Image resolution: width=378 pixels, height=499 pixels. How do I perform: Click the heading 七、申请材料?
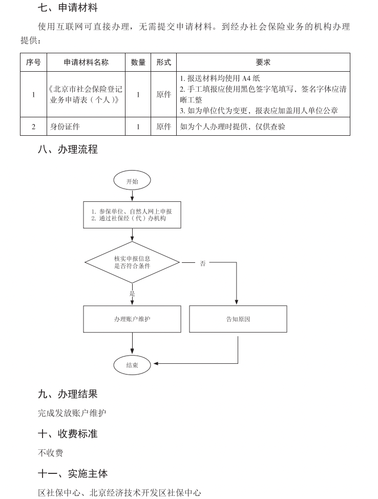[x=68, y=8]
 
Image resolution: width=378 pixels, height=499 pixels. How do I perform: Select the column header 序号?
[x=33, y=63]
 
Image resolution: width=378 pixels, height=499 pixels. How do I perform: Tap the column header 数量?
[x=138, y=63]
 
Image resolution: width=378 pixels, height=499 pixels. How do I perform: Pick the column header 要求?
[x=263, y=63]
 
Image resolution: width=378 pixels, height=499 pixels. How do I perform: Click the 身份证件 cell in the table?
[x=65, y=127]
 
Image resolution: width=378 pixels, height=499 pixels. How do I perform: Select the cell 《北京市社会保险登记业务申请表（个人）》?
[x=86, y=94]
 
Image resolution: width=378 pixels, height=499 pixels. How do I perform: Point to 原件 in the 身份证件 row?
[x=163, y=127]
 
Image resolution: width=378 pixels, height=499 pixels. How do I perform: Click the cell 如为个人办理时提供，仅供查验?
[x=233, y=127]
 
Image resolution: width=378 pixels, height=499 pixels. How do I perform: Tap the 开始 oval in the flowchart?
[x=132, y=181]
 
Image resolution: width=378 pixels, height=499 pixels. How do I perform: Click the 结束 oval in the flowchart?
[x=132, y=365]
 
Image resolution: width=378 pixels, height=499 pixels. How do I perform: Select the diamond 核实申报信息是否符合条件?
[x=132, y=262]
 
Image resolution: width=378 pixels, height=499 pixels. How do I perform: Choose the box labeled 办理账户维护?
[x=132, y=319]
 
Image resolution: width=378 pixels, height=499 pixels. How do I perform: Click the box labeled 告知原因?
[x=238, y=319]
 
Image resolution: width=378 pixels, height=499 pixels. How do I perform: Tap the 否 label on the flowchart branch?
[x=203, y=263]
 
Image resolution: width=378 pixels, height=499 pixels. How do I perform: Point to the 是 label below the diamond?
[x=132, y=294]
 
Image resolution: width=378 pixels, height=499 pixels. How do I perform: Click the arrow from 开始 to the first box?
[x=132, y=195]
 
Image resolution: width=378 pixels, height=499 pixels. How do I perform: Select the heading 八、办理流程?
[x=68, y=150]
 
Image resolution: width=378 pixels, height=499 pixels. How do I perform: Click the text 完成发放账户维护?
[x=72, y=413]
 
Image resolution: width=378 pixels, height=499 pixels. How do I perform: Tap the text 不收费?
[x=51, y=453]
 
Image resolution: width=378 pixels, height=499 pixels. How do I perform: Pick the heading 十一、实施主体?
[x=73, y=473]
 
